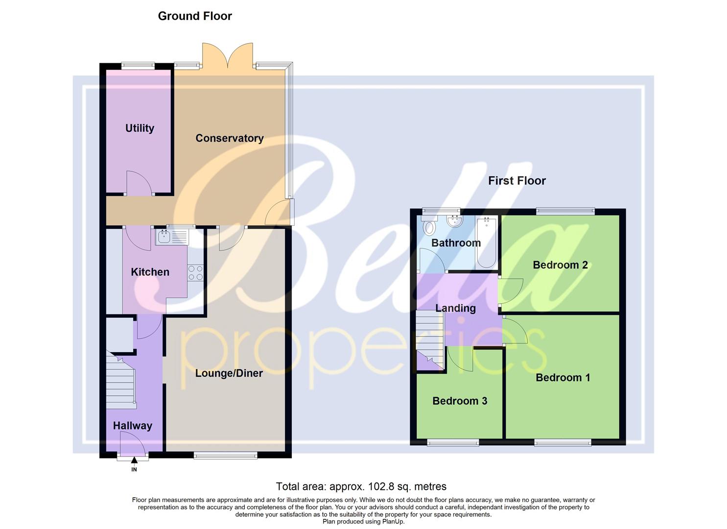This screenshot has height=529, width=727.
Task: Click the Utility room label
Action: [x=140, y=128]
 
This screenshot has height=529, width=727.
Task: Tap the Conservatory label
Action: [x=229, y=138]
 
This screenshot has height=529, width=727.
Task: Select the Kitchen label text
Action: [x=150, y=272]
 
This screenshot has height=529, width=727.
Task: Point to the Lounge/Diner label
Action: [x=229, y=373]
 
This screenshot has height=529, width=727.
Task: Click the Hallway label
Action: [x=132, y=426]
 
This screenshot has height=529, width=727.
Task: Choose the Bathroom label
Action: [x=456, y=243]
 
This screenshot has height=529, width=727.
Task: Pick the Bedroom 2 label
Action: [x=560, y=265]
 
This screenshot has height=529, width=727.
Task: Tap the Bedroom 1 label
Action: [x=563, y=378]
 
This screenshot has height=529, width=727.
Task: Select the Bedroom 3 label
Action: [x=459, y=401]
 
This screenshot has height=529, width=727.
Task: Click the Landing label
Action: [x=455, y=308]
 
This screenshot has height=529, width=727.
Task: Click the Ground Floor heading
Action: [x=195, y=16]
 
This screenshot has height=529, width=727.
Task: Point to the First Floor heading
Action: [x=516, y=181]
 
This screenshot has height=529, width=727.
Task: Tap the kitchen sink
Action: [x=164, y=238]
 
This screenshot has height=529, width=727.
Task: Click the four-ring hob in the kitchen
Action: [x=196, y=273]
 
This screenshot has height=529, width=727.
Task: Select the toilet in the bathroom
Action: [x=430, y=227]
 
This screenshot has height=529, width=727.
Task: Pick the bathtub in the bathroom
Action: [x=486, y=242]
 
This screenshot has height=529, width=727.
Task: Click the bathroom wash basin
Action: [x=455, y=221]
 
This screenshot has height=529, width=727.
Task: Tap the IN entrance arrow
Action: [x=134, y=460]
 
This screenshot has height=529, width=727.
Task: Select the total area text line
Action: [x=361, y=486]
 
